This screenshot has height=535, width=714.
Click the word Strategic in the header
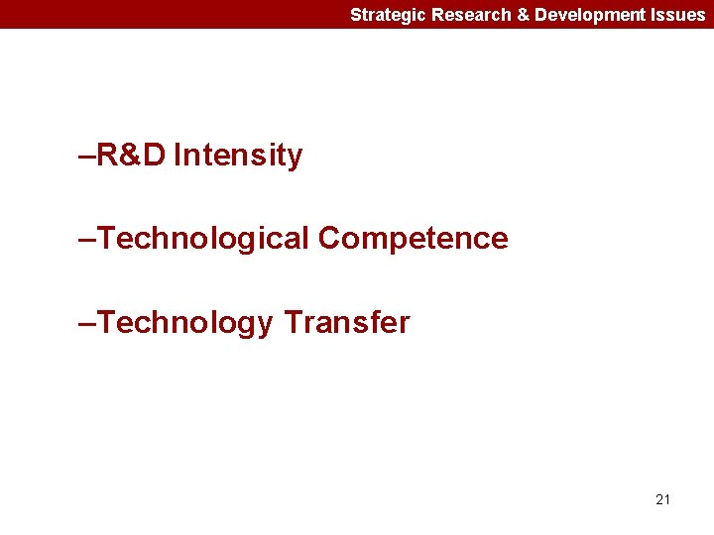coord(388,15)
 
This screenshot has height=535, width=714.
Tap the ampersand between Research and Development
coord(523,15)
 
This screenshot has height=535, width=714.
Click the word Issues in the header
coord(678,15)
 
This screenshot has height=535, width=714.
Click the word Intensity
coord(237,156)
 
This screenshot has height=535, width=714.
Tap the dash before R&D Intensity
coord(85,157)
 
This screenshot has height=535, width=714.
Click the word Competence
coord(414,239)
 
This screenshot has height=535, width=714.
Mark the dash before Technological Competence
coord(85,240)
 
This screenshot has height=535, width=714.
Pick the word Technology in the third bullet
coord(184,323)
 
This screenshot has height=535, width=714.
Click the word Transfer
coord(346,323)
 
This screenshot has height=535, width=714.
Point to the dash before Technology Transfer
coord(85,324)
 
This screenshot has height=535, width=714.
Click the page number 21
coord(662,499)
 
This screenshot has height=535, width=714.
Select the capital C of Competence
coord(330,239)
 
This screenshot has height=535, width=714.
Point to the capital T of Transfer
coord(293,323)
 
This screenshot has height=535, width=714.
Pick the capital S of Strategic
coord(356,15)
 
